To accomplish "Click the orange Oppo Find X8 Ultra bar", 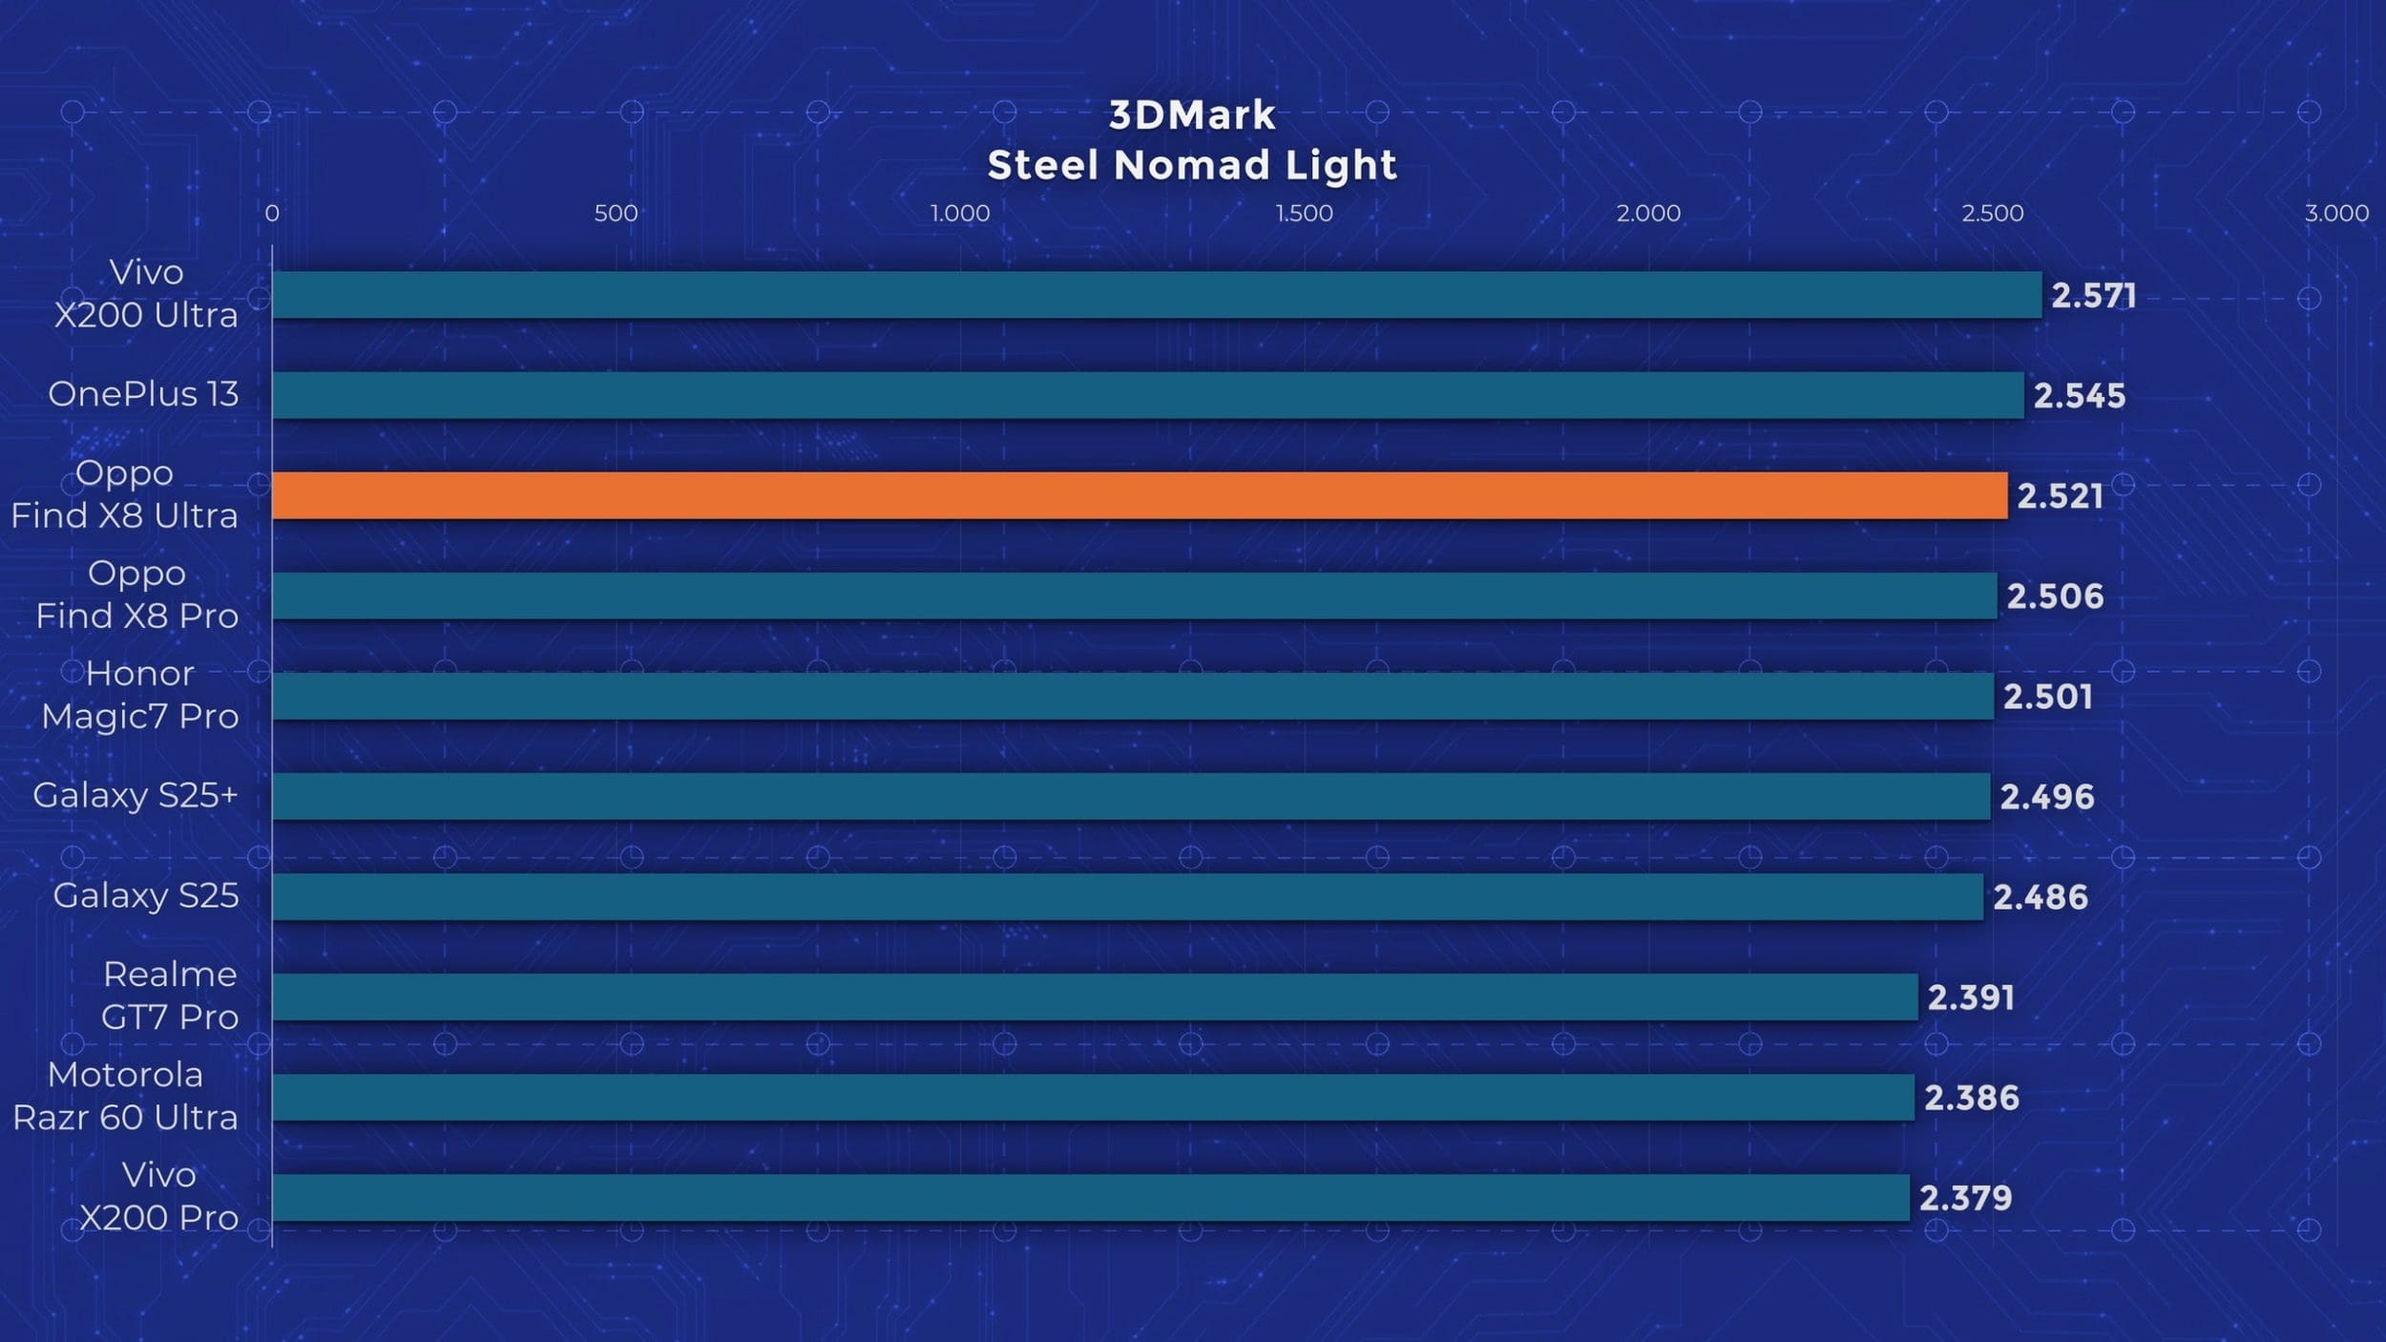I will (1139, 495).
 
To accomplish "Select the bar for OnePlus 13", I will (1147, 395).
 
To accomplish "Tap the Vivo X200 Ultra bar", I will (1156, 295).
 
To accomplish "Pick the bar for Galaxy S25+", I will (1130, 796).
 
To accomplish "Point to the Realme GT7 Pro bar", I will (1094, 997).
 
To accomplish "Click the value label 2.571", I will (2093, 296).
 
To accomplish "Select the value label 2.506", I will (2055, 597).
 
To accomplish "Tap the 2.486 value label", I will (2041, 897).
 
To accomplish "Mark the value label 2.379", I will (1965, 1198).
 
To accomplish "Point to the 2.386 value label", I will (1971, 1098).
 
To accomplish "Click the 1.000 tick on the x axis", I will (960, 213).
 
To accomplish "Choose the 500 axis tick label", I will (616, 213).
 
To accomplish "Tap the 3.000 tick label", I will (2336, 213).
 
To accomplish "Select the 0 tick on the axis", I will (272, 213).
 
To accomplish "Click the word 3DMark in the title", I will (1192, 115).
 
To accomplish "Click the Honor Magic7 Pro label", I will (139, 695).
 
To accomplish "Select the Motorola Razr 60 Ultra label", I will (125, 1096).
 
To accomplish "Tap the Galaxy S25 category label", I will (145, 895).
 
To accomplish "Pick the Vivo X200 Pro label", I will (158, 1196).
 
